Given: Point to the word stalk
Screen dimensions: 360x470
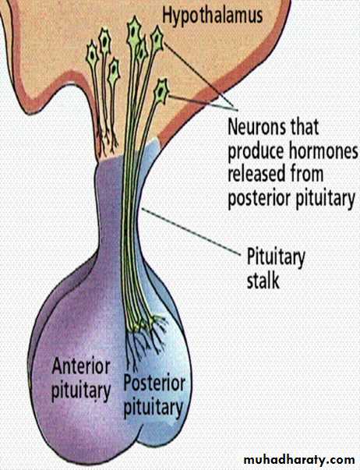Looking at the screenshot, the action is pyautogui.click(x=263, y=281).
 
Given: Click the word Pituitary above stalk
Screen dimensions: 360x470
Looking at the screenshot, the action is pyautogui.click(x=276, y=258).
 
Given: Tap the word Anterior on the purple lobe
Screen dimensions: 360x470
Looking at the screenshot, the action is pyautogui.click(x=81, y=366).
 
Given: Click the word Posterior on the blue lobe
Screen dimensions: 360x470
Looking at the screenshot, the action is pyautogui.click(x=154, y=383).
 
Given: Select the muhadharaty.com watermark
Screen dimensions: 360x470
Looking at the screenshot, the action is pyautogui.click(x=299, y=460).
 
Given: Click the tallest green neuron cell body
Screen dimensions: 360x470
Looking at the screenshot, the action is pyautogui.click(x=134, y=30).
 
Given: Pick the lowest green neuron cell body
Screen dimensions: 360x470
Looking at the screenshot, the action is pyautogui.click(x=162, y=91).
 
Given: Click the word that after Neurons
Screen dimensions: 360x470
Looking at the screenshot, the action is pyautogui.click(x=305, y=127).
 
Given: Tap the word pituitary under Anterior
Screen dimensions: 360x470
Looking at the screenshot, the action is pyautogui.click(x=81, y=390).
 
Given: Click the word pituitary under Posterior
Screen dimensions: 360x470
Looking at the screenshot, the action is pyautogui.click(x=154, y=408).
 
